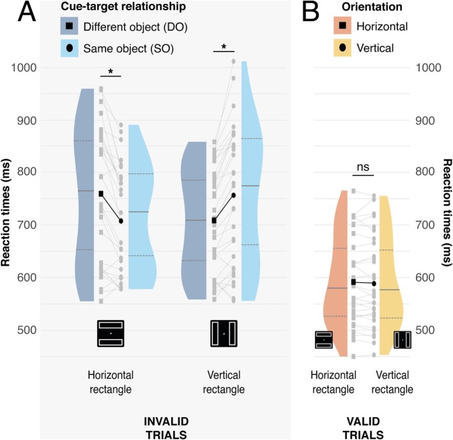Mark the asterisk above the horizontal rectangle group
(111, 72)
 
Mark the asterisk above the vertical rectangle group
(223, 47)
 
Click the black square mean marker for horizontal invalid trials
(101, 193)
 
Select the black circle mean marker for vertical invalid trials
(233, 195)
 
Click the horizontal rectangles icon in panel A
(111, 333)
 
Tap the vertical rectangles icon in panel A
(224, 333)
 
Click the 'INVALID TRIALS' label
(168, 427)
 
